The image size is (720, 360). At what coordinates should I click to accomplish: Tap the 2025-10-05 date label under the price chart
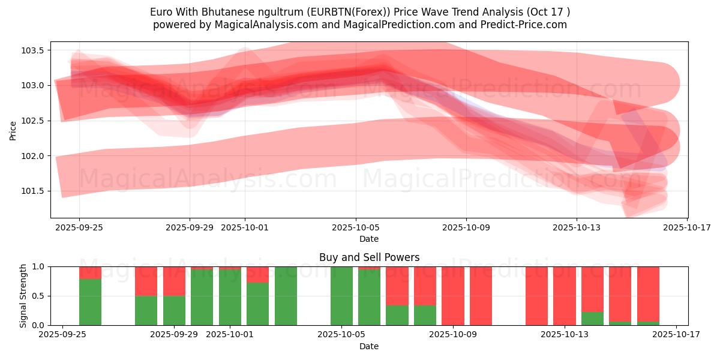356,227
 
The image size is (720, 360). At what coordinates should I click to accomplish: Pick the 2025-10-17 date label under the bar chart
677,334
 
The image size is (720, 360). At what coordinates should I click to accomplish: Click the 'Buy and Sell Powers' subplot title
369,258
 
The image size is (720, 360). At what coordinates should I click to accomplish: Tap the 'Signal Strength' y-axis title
23,296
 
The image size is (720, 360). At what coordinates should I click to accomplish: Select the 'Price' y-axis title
13,130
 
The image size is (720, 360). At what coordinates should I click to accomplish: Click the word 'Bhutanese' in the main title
218,12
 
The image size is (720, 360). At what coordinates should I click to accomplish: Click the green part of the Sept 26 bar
90,303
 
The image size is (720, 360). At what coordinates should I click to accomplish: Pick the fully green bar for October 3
286,296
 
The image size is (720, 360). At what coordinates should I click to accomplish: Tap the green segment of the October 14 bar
592,319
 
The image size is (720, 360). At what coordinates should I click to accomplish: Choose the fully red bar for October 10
481,296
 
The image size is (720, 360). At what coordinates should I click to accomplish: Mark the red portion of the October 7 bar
397,286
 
